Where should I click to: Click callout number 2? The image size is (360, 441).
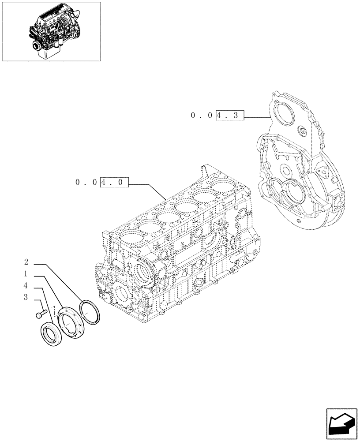26,261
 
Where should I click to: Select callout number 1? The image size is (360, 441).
26,273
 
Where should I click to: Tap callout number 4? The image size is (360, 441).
26,285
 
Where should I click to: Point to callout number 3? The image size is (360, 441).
26,298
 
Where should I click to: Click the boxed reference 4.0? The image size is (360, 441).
114,182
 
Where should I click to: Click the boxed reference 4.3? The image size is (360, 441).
229,116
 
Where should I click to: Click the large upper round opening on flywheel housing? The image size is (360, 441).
283,121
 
